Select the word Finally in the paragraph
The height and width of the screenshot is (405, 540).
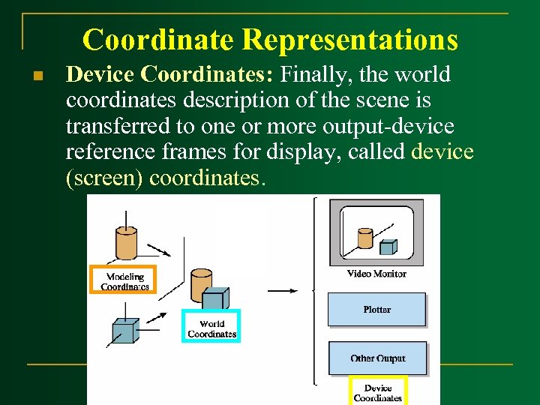pos(308,74)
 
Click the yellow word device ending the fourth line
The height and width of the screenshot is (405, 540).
pos(442,152)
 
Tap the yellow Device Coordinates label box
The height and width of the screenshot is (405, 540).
pos(377,391)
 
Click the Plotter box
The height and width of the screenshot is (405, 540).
pos(376,309)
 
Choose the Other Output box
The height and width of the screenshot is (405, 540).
pos(377,358)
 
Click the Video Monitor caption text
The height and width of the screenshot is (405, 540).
pos(376,274)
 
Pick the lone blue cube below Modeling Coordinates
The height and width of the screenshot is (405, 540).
pos(124,329)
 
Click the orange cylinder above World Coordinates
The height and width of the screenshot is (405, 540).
pos(200,284)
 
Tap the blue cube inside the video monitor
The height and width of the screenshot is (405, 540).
pos(388,247)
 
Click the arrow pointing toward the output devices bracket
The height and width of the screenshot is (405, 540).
pos(283,290)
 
